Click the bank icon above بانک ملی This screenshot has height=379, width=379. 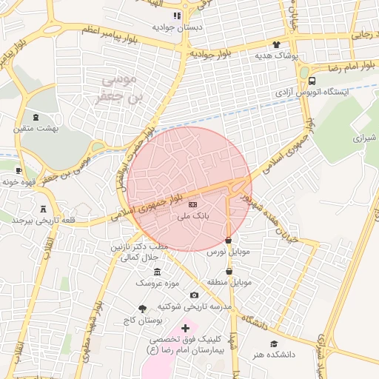pyautogui.click(x=193, y=204)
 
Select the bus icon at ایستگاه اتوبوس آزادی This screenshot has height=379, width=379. pyautogui.click(x=312, y=82)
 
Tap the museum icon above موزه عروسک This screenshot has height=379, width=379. pyautogui.click(x=157, y=272)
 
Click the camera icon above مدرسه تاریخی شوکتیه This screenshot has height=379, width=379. pyautogui.click(x=194, y=295)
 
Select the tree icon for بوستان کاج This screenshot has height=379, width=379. pyautogui.click(x=142, y=309)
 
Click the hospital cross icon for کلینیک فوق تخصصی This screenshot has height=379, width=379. pyautogui.click(x=184, y=327)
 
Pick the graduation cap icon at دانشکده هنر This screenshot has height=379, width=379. pyautogui.click(x=275, y=343)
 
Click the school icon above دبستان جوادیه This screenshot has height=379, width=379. pyautogui.click(x=177, y=15)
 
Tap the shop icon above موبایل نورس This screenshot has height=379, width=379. pyautogui.click(x=228, y=241)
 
